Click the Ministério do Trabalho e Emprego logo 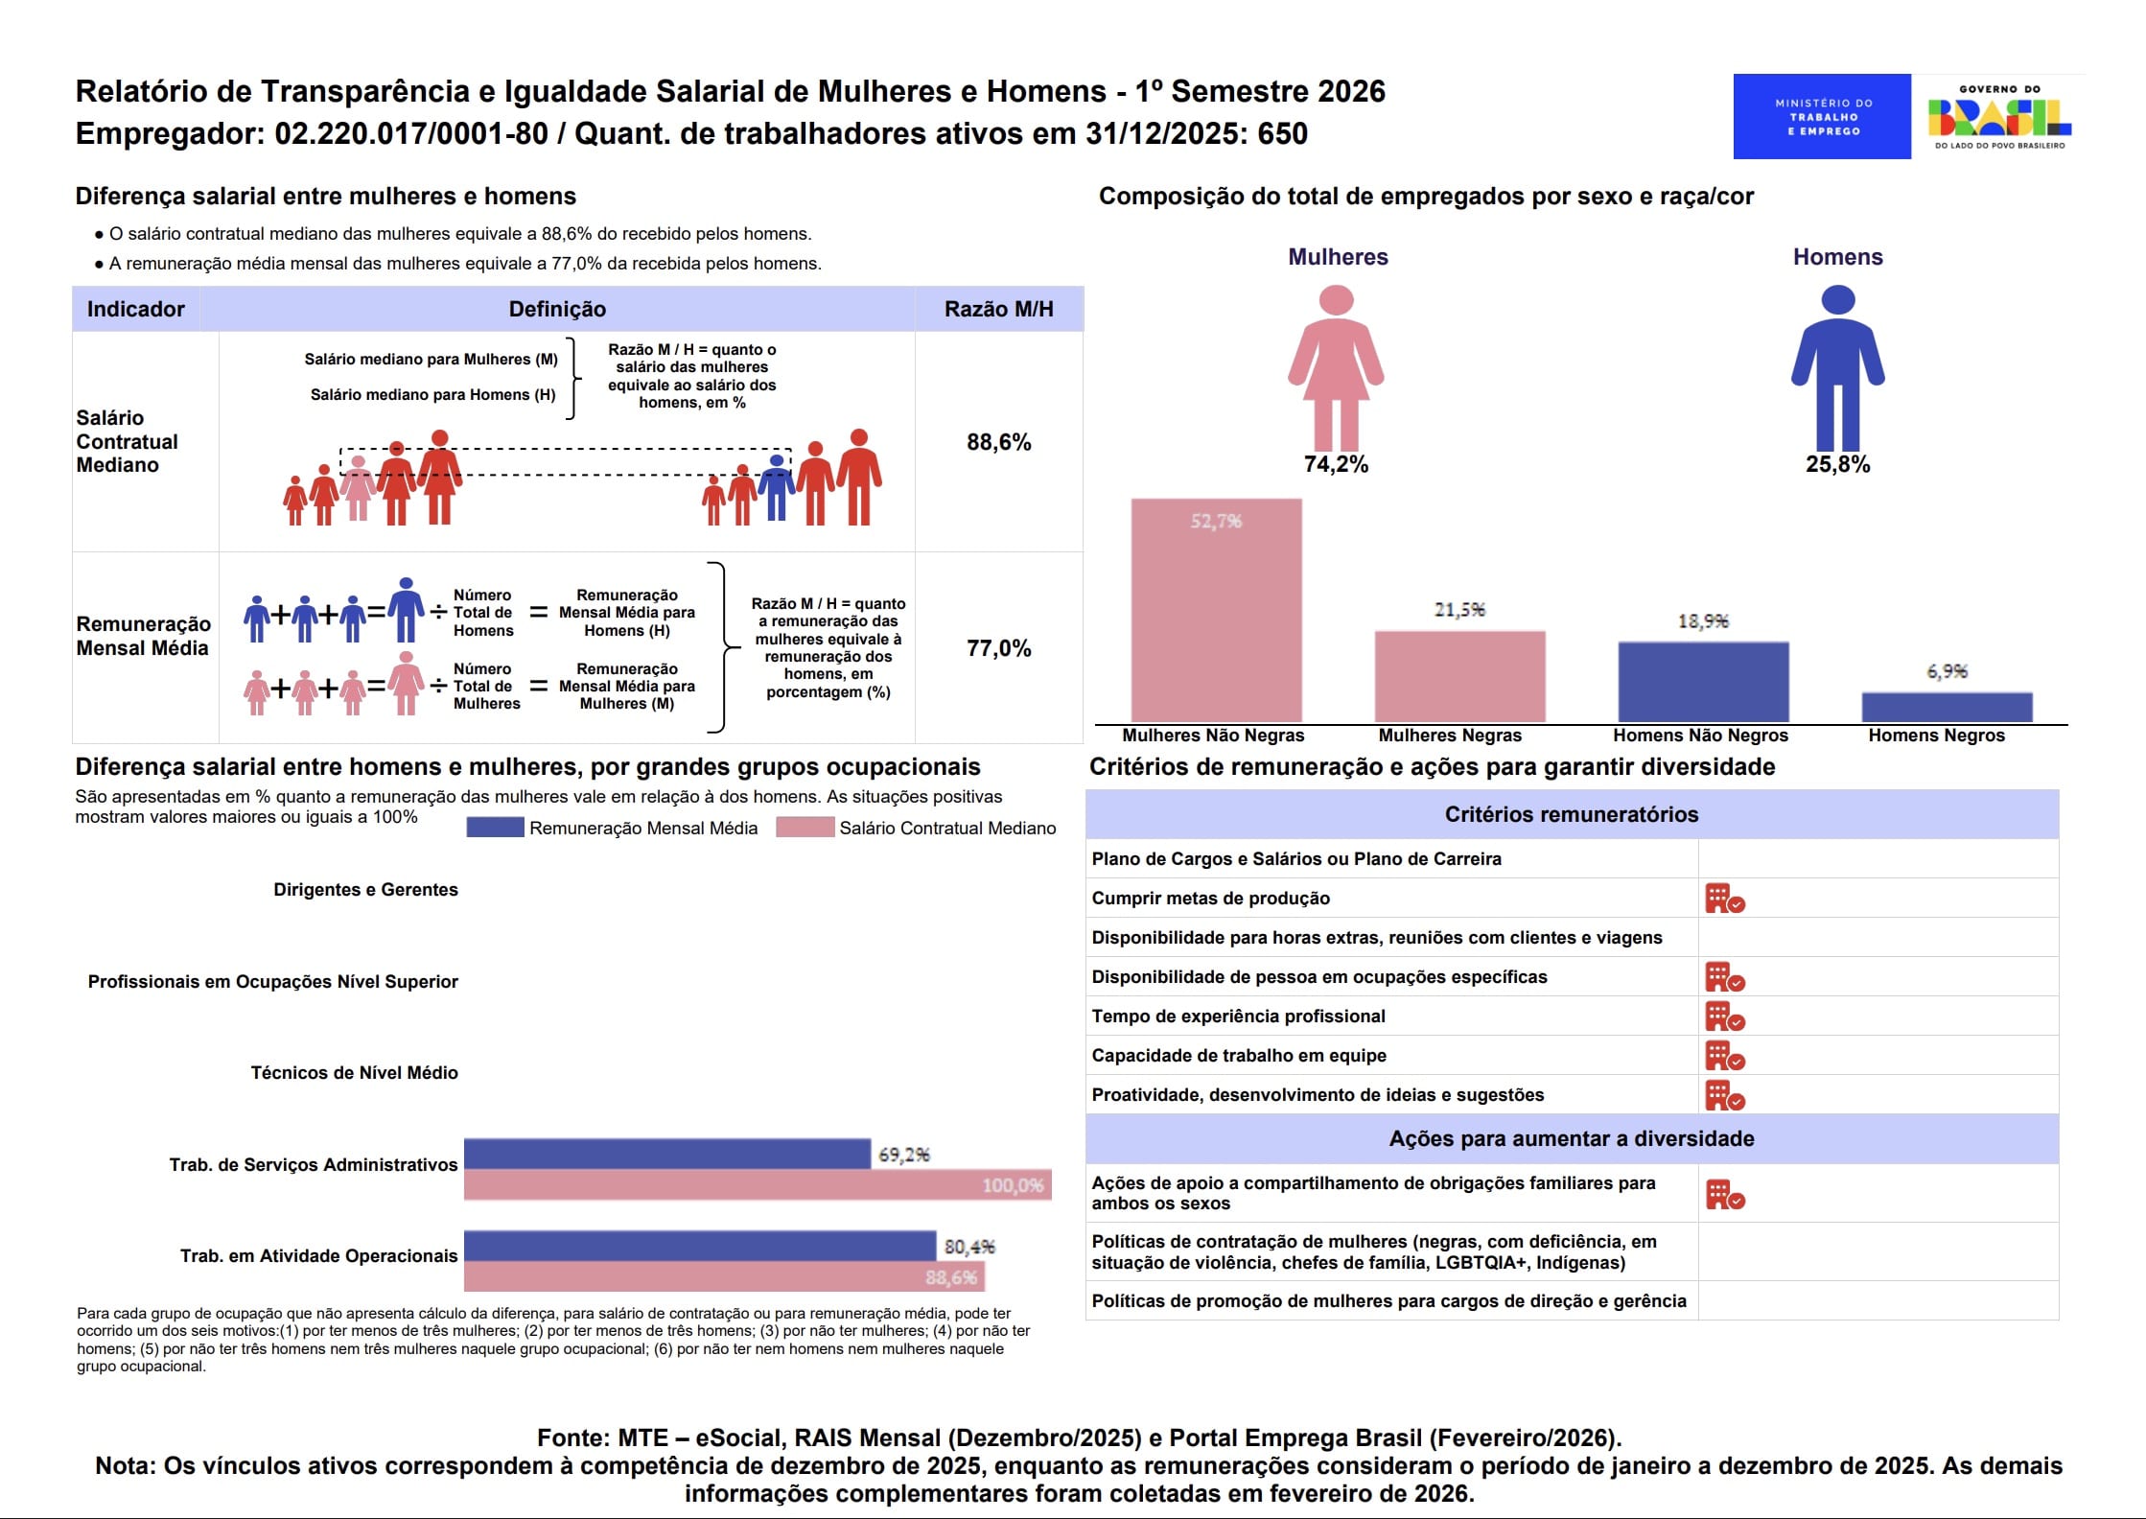point(1821,116)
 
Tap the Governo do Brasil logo point(1999,117)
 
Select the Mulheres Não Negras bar point(1216,610)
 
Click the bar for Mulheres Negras point(1459,676)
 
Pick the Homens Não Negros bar point(1703,682)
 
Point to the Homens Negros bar point(1947,707)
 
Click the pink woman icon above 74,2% point(1336,367)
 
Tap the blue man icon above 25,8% point(1837,367)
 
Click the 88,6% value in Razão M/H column point(999,442)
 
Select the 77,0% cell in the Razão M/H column point(999,648)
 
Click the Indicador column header point(136,309)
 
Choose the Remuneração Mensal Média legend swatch point(495,827)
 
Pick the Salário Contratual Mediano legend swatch point(805,827)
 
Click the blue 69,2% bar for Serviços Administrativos point(667,1154)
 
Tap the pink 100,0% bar point(758,1184)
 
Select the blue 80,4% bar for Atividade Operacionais point(700,1246)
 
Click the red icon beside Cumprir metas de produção point(1725,899)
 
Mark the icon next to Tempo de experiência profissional point(1725,1017)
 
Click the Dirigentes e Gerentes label point(365,890)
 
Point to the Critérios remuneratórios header point(1572,814)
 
